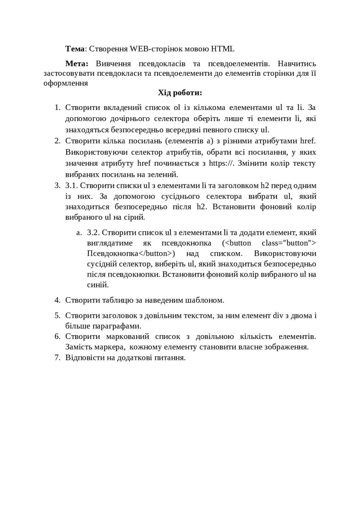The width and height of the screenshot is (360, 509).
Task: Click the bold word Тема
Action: point(75,49)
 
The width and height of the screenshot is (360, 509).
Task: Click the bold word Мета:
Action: point(76,64)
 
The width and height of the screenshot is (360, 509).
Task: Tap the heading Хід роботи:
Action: point(180,93)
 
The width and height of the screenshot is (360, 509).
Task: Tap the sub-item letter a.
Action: point(79,233)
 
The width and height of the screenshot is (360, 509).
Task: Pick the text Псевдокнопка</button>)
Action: point(131,254)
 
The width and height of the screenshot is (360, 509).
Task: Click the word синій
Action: point(98,285)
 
